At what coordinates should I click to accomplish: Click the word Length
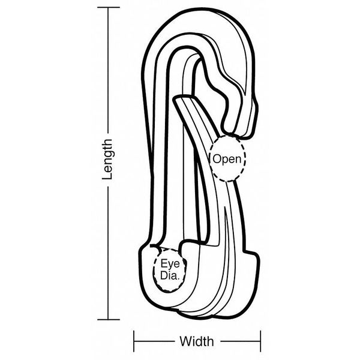107,159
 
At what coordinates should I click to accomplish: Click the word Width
197,341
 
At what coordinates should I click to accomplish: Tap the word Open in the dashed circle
227,159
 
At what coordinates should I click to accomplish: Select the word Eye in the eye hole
170,264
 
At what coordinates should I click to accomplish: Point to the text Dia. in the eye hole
169,275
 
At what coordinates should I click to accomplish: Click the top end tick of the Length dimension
109,7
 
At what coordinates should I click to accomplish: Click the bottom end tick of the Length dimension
109,319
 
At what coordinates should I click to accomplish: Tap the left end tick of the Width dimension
134,341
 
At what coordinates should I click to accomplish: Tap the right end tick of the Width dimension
260,341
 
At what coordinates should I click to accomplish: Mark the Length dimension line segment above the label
108,70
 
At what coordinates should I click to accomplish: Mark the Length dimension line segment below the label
108,253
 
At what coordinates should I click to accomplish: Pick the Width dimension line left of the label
154,341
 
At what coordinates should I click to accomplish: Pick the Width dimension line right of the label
241,341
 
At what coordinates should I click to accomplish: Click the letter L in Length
107,175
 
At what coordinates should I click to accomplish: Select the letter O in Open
217,158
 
